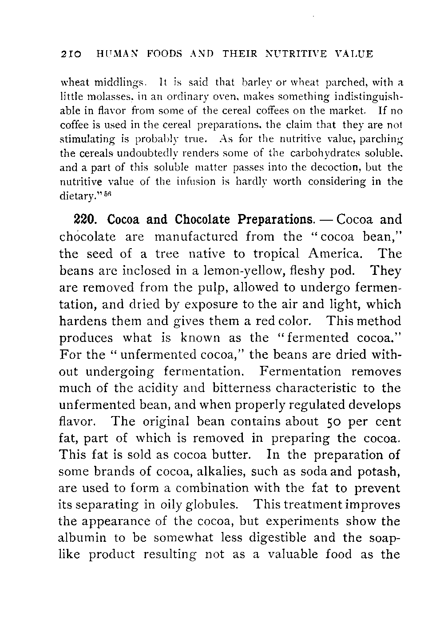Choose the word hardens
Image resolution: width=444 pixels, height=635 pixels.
point(85,321)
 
